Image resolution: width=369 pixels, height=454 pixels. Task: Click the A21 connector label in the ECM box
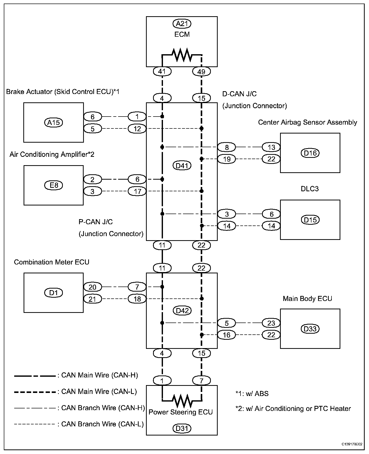click(x=182, y=24)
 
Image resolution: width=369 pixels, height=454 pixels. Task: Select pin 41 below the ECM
click(x=162, y=71)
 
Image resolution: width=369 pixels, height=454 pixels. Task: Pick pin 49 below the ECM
click(x=201, y=72)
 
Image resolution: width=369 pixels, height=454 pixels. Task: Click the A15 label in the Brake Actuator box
click(x=53, y=123)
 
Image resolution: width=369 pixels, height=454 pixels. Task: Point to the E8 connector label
click(x=53, y=185)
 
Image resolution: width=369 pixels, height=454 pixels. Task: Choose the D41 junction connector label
click(x=182, y=166)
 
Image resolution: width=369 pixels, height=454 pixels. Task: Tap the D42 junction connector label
click(x=182, y=311)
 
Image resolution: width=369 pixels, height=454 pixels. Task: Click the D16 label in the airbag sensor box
click(x=310, y=153)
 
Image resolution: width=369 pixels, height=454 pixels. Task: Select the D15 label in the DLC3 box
click(x=310, y=220)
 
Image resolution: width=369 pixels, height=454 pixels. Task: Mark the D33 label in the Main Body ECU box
click(x=310, y=329)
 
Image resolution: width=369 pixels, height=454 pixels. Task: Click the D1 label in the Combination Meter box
click(x=53, y=293)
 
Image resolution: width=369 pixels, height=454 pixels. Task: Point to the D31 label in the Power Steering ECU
click(x=182, y=429)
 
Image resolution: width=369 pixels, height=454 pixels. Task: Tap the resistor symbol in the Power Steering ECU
click(x=182, y=400)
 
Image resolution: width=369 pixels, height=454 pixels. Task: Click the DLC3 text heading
click(x=309, y=189)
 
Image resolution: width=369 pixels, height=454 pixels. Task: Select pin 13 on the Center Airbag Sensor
click(x=271, y=147)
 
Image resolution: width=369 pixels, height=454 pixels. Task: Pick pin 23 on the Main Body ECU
click(x=271, y=323)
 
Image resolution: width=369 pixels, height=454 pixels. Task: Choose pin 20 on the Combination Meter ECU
click(x=93, y=287)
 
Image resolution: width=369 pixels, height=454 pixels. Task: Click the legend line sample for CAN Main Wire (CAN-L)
click(x=35, y=392)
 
